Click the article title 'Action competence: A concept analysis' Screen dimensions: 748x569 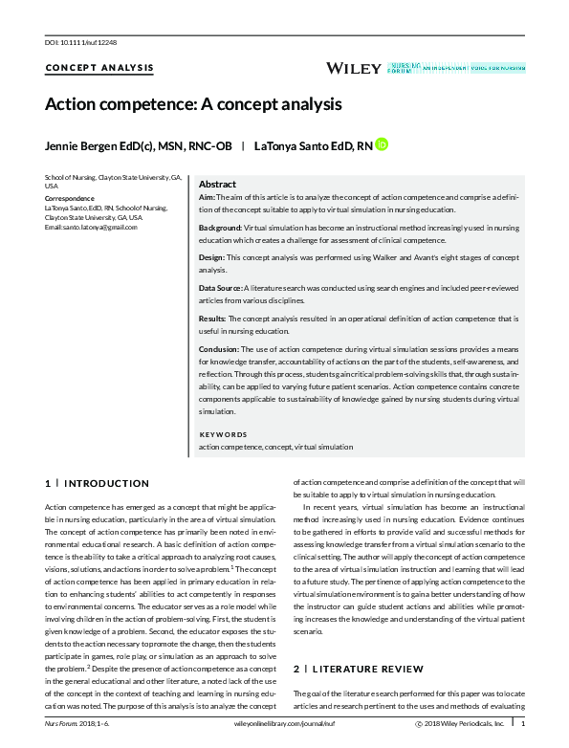coord(192,103)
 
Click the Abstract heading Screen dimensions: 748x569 coord(217,184)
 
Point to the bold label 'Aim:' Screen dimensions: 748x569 coord(207,198)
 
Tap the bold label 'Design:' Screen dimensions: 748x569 coord(213,258)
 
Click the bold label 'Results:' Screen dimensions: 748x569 coord(212,317)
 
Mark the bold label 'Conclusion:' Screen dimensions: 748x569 coord(219,350)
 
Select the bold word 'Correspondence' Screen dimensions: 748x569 coord(70,199)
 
